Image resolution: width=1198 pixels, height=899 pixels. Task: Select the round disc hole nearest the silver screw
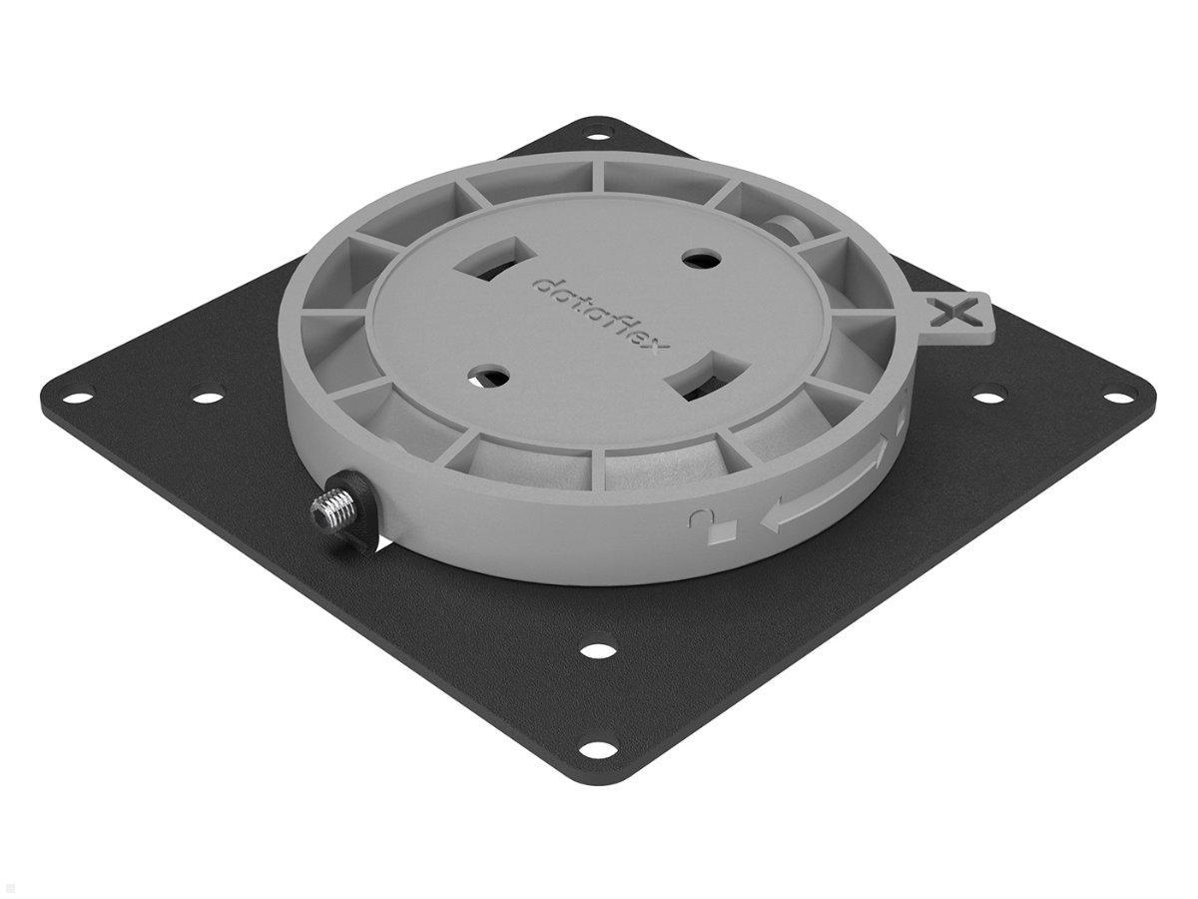tap(488, 377)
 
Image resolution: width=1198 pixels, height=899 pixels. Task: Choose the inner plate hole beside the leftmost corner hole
tap(207, 398)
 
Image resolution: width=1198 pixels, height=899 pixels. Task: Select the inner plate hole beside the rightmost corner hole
tap(988, 398)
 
